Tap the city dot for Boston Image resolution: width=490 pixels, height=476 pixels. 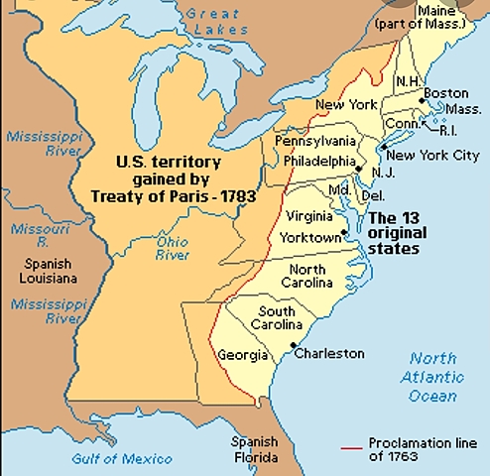[x=422, y=98]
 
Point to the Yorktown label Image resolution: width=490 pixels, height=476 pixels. [x=310, y=238]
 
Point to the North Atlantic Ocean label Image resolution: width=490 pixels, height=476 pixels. [x=434, y=377]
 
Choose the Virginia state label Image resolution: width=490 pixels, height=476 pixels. [x=308, y=215]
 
